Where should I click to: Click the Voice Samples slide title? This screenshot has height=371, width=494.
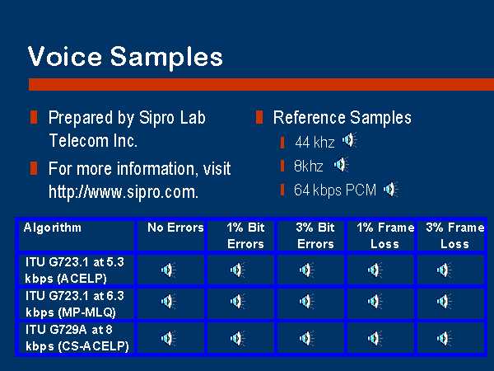(125, 57)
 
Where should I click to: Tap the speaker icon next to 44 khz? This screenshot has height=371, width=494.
(349, 140)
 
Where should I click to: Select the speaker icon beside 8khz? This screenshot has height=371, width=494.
(341, 165)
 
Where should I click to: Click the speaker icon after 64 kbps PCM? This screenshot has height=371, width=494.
(390, 190)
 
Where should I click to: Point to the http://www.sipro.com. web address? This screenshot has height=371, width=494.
(123, 192)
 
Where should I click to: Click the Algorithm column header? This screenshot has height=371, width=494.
(53, 228)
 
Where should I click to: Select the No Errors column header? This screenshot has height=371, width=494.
(175, 228)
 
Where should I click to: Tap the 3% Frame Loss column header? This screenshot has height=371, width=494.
(454, 236)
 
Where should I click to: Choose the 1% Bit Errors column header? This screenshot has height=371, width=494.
(245, 236)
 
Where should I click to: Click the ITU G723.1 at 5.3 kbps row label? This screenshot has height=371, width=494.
(75, 270)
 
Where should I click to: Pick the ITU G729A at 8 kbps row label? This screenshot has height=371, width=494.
(77, 338)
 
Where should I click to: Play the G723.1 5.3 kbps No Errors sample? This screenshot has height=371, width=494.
(168, 270)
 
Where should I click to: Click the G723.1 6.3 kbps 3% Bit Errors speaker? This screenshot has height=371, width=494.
(306, 301)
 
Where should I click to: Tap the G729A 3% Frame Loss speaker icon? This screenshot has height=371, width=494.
(444, 338)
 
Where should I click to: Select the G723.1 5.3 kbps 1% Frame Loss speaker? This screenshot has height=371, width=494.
(375, 270)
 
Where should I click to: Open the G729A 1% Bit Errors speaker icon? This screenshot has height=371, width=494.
(237, 338)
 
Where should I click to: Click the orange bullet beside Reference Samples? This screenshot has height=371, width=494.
(259, 117)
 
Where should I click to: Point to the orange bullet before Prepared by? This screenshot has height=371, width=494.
(34, 117)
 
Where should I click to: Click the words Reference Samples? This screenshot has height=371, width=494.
(343, 118)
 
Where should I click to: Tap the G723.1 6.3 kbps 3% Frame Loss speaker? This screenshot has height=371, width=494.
(444, 301)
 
